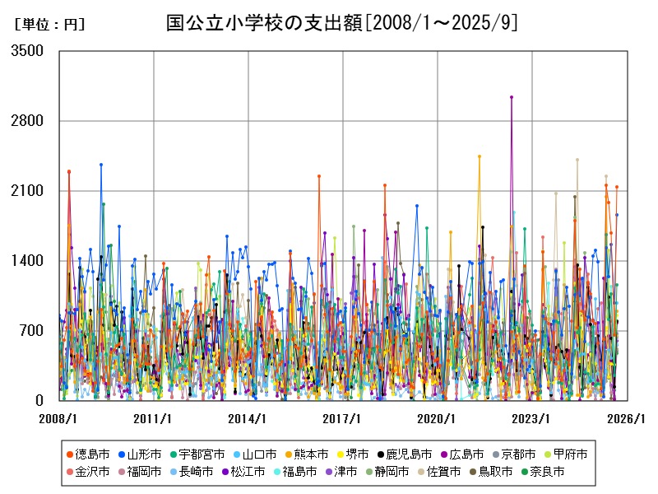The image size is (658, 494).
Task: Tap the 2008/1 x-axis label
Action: (x=58, y=419)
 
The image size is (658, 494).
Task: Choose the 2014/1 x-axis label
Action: (x=248, y=419)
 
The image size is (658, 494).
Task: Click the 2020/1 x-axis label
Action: (x=437, y=419)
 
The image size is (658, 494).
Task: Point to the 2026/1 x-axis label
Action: (x=626, y=419)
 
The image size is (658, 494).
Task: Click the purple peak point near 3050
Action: (x=512, y=97)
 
